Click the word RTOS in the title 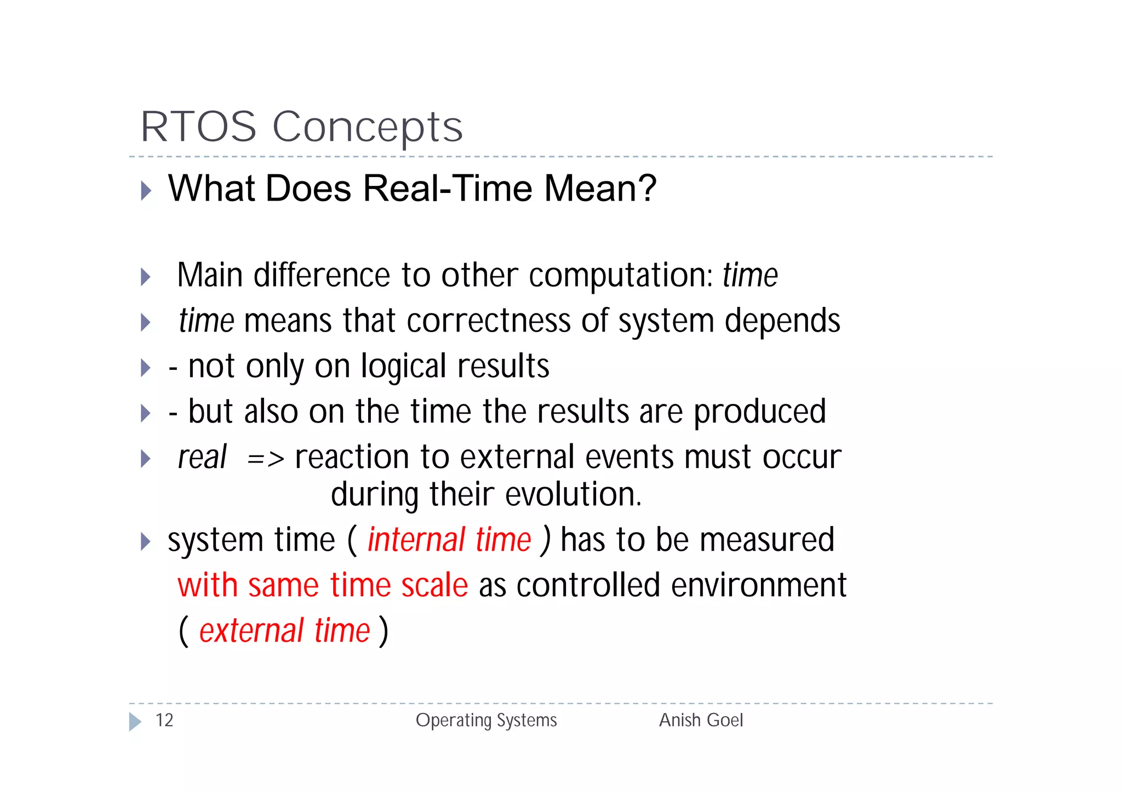point(198,127)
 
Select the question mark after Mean point(646,188)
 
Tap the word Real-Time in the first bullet point(448,188)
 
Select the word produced point(760,412)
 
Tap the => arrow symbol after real point(266,458)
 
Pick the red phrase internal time point(449,540)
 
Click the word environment point(759,585)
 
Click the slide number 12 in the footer point(164,720)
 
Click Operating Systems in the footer point(486,720)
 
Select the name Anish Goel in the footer point(701,720)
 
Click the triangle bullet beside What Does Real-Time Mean point(146,190)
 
